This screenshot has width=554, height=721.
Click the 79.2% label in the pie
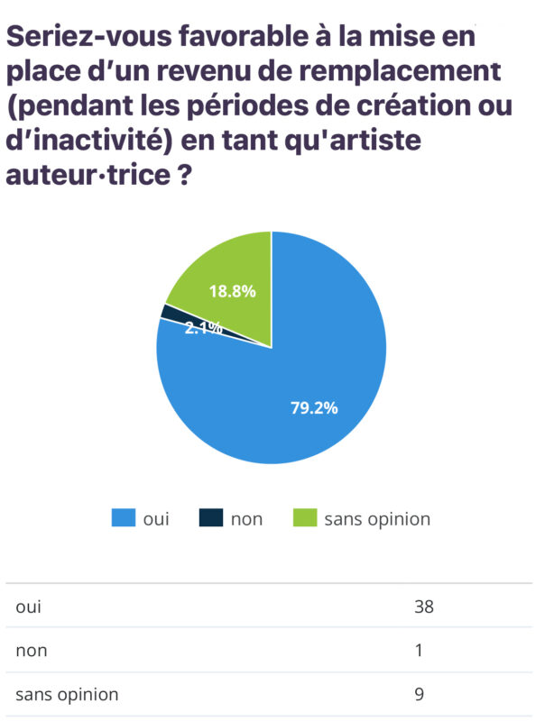pyautogui.click(x=314, y=407)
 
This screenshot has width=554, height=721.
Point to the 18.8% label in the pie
pyautogui.click(x=232, y=291)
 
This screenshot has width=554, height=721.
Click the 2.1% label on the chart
pyautogui.click(x=203, y=329)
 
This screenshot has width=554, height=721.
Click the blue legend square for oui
pyautogui.click(x=123, y=518)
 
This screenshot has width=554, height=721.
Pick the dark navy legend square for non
pyautogui.click(x=210, y=518)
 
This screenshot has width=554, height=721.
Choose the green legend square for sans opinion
pyautogui.click(x=306, y=518)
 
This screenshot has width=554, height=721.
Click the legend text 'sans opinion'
pyautogui.click(x=377, y=519)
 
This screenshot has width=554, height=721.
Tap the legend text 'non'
pyautogui.click(x=246, y=519)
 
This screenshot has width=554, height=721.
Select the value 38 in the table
pyautogui.click(x=424, y=607)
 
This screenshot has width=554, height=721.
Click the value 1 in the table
pyautogui.click(x=419, y=650)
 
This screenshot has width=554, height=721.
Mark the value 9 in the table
pyautogui.click(x=420, y=694)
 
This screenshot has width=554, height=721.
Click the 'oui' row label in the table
pyautogui.click(x=28, y=607)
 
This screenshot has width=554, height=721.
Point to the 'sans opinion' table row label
pyautogui.click(x=67, y=695)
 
